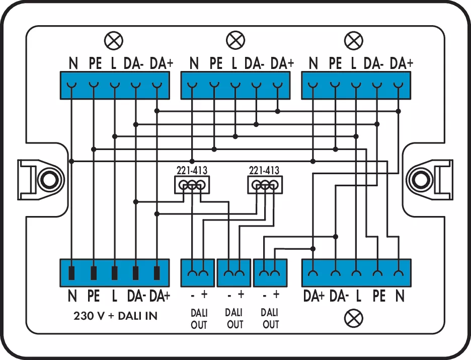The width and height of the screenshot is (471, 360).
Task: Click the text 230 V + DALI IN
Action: click(x=115, y=316)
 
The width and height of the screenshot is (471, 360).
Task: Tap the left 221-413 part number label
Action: click(x=191, y=170)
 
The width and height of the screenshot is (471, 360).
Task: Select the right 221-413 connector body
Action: click(x=265, y=186)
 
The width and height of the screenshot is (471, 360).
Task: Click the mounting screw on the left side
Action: click(x=48, y=179)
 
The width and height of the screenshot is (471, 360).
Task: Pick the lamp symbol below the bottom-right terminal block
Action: click(x=356, y=318)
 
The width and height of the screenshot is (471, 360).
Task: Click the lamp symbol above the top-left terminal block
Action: click(x=113, y=40)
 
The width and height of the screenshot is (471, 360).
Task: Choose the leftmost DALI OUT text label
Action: click(x=199, y=319)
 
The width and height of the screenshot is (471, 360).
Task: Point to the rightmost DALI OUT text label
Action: click(x=271, y=319)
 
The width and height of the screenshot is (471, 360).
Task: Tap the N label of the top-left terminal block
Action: click(x=73, y=63)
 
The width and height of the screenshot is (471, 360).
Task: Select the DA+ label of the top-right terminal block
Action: click(x=402, y=63)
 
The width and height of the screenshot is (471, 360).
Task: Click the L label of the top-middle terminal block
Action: click(x=234, y=63)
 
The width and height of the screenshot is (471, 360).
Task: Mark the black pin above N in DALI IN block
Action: click(x=72, y=273)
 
